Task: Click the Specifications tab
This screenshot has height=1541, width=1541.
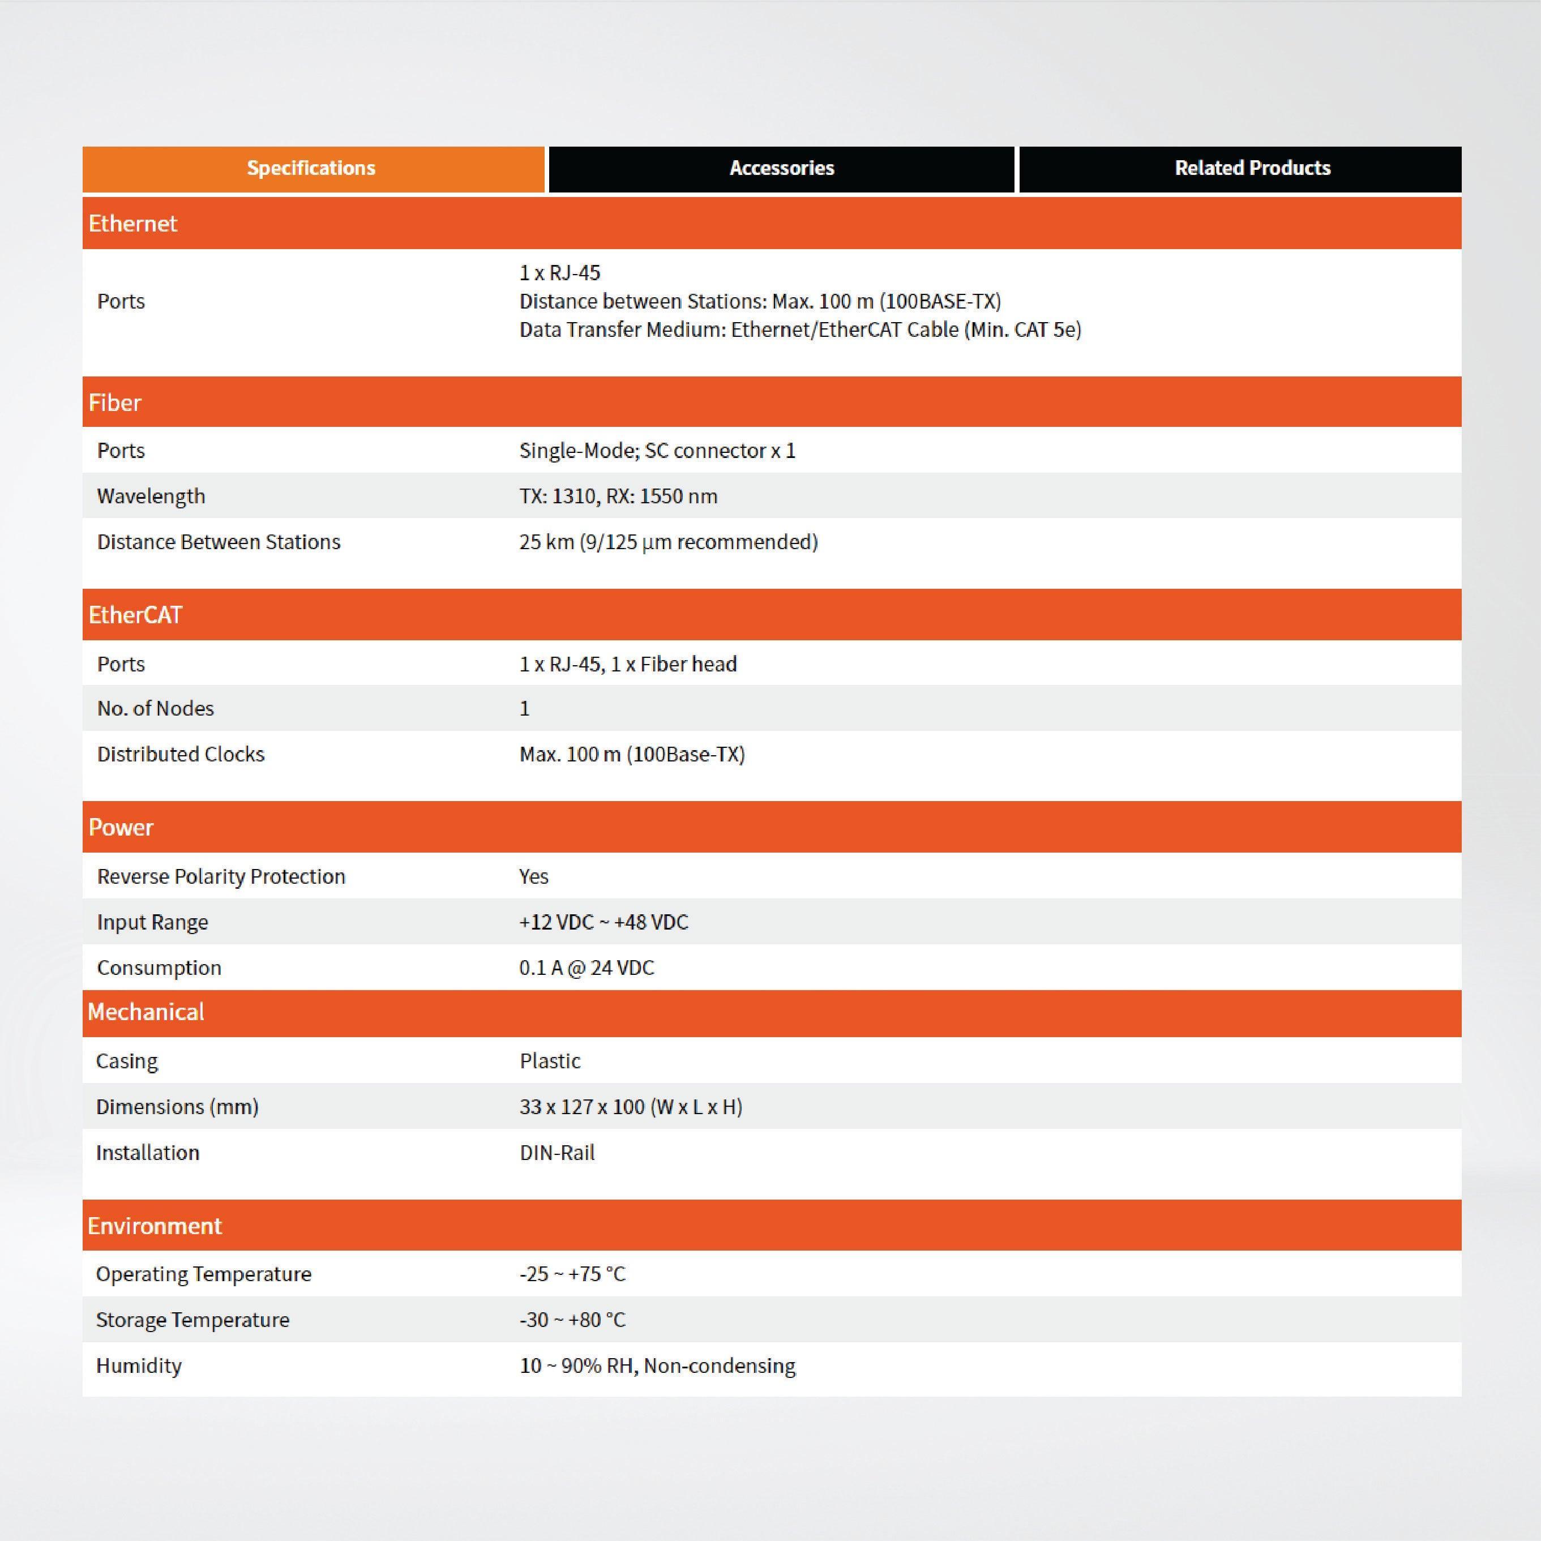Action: [311, 168]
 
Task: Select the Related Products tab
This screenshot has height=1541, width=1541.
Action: [1252, 168]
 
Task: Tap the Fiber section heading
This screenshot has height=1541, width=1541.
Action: [115, 403]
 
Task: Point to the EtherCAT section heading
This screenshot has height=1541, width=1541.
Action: [136, 615]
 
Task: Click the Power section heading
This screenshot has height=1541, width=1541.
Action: [121, 827]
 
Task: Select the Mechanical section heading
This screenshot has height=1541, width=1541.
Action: [146, 1012]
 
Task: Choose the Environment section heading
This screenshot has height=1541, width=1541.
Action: [155, 1226]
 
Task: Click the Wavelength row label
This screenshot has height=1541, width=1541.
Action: [151, 496]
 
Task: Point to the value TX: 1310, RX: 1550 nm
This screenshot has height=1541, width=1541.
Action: [618, 496]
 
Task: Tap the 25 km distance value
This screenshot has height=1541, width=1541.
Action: [667, 542]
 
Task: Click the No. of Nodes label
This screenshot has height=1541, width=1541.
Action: [156, 708]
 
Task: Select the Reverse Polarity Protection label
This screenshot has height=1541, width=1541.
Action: [221, 876]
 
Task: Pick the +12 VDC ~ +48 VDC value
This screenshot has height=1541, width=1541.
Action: [603, 922]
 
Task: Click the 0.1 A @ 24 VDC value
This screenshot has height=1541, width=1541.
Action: [587, 968]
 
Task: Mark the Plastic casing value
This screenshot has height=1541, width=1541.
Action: [550, 1061]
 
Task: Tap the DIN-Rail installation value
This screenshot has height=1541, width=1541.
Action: [557, 1153]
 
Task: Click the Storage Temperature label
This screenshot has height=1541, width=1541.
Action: [192, 1320]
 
